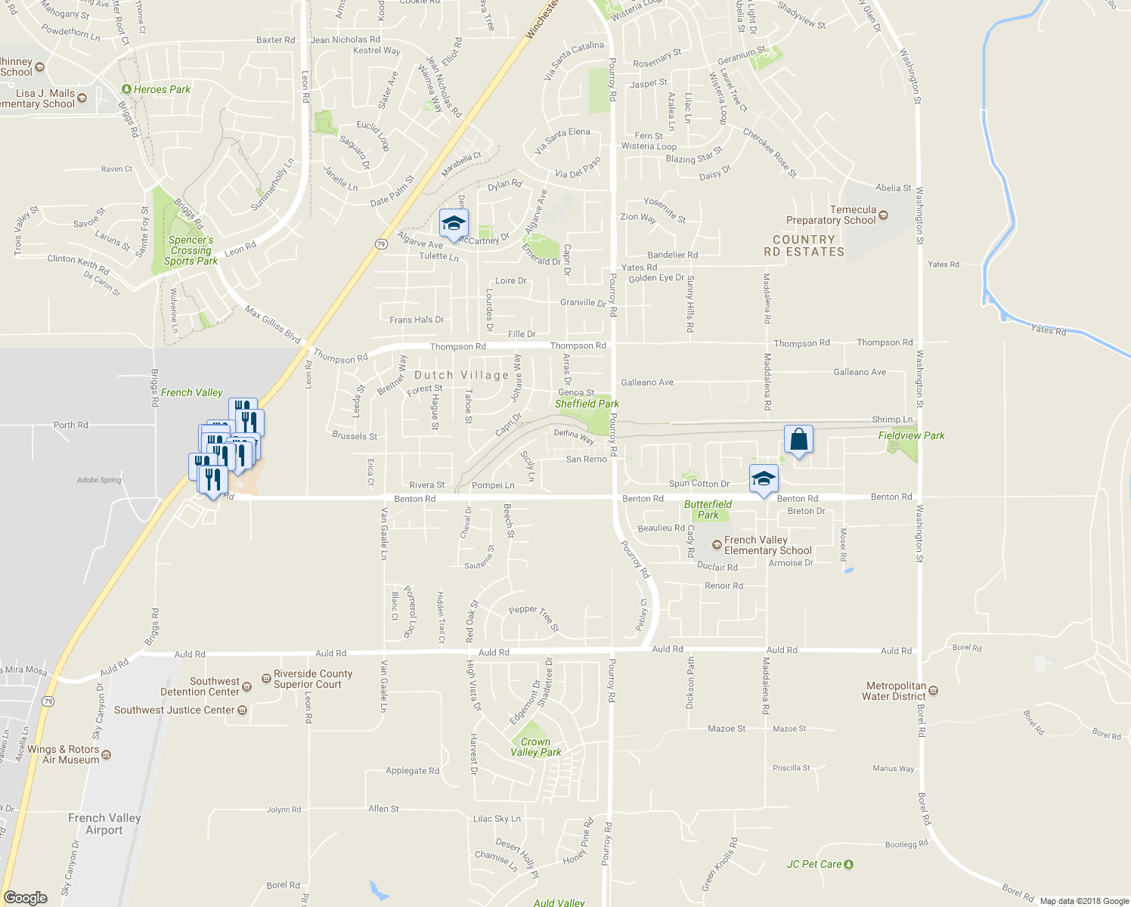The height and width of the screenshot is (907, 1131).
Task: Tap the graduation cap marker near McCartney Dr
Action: [454, 224]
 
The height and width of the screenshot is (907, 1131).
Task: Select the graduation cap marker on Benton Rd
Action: [764, 479]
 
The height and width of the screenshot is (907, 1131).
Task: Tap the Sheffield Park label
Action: [587, 404]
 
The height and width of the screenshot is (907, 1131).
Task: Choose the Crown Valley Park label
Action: [535, 747]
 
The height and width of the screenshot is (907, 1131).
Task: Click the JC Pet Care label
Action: [814, 864]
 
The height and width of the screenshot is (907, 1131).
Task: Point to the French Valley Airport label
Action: [104, 824]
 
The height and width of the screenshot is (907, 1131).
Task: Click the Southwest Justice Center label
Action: [175, 710]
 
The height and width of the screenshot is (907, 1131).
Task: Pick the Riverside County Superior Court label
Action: [313, 679]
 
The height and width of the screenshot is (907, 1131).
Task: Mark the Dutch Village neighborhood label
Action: [461, 375]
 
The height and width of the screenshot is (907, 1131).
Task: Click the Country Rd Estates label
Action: [804, 246]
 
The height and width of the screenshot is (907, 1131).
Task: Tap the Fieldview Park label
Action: [911, 435]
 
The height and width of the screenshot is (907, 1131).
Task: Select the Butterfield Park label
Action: [708, 509]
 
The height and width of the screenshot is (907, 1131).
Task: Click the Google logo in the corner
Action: [25, 898]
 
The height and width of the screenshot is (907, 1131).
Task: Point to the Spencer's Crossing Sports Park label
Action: [191, 250]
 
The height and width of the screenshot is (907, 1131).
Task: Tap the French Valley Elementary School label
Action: [767, 545]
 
